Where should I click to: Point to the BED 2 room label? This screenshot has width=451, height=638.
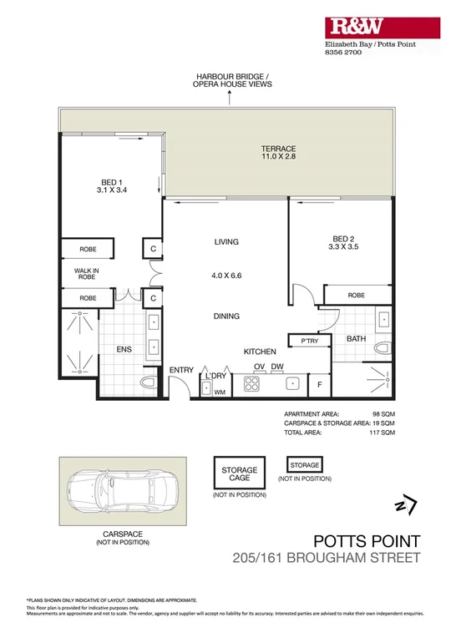(344, 241)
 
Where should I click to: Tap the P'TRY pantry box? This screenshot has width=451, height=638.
(300, 341)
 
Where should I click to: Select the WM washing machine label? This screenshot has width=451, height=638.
(220, 391)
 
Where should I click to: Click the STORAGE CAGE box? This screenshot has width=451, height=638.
(239, 475)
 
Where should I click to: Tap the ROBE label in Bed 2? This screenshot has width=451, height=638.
(357, 295)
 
